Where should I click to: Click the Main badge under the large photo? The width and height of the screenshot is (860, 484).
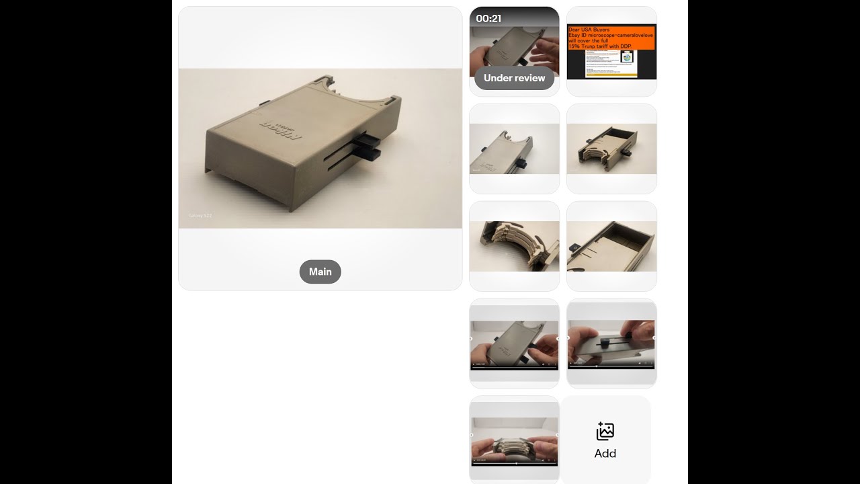point(320,272)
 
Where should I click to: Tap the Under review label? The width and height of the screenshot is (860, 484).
point(514,78)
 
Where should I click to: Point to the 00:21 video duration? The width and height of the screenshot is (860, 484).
point(488,19)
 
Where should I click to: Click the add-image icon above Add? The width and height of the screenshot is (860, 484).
point(605,431)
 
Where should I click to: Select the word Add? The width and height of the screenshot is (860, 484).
point(605,453)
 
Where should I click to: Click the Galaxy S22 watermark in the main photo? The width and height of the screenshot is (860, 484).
point(200,216)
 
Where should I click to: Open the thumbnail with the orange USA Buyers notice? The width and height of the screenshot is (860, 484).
point(611,51)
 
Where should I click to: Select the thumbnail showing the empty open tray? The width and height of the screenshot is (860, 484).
point(611,246)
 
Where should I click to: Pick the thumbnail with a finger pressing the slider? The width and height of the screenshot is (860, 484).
point(611,344)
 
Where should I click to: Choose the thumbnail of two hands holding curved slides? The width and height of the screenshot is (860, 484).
point(514,441)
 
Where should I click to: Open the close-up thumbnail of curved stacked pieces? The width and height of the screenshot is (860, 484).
point(514,246)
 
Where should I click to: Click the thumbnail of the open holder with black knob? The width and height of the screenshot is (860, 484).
point(611,149)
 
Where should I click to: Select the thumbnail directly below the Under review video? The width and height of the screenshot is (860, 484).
point(514,149)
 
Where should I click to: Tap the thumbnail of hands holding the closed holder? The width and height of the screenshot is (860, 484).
point(514,344)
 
